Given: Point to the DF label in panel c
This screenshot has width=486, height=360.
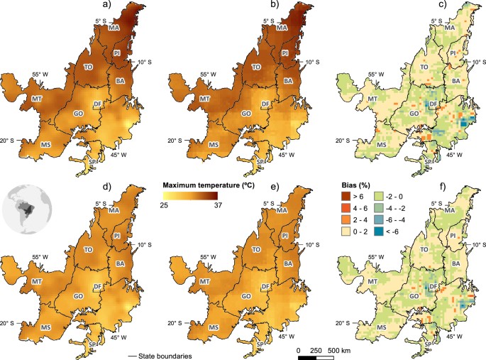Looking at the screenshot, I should click(430, 104).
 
